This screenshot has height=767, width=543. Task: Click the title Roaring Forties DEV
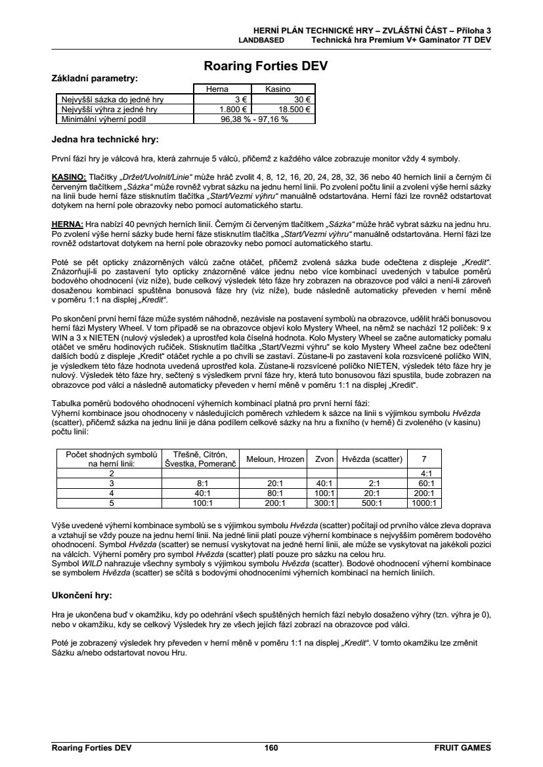[x=266, y=66]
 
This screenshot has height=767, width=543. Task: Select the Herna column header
[x=218, y=89]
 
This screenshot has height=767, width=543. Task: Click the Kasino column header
[x=278, y=89]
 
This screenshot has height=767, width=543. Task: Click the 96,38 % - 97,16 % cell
[x=253, y=119]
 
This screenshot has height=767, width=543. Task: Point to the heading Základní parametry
[x=95, y=78]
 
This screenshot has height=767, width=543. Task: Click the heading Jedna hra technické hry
[x=105, y=139]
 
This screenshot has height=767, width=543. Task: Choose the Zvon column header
[x=324, y=459]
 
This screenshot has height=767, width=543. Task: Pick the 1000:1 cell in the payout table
[x=425, y=503]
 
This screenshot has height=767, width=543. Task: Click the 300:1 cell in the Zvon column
[x=324, y=503]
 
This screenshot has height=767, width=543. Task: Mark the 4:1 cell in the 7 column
[x=425, y=473]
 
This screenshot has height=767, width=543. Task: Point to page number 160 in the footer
[x=271, y=747]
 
